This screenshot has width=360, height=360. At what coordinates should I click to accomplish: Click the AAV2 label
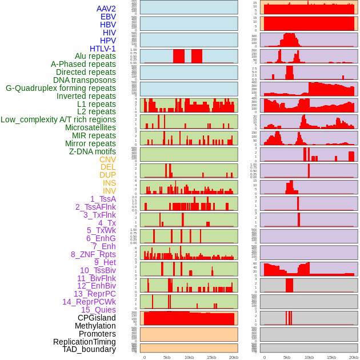point(106,9)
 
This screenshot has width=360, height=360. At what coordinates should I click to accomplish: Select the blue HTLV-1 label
point(103,49)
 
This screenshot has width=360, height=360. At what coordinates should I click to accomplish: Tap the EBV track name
point(108,17)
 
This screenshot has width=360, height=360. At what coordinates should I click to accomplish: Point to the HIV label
point(109,33)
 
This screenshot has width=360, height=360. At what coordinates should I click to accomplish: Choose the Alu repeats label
point(95,56)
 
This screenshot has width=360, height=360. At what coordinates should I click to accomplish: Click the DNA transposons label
point(85,80)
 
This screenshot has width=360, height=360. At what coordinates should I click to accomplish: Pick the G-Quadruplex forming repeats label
point(61,88)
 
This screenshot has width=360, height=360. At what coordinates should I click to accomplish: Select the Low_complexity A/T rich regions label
point(58,119)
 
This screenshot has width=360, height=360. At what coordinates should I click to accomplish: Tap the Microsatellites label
point(90,127)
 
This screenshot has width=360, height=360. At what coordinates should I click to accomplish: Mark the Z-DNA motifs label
point(93,151)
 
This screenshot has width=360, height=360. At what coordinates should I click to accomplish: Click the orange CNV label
point(107,159)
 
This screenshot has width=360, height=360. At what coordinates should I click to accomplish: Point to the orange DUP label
point(107,175)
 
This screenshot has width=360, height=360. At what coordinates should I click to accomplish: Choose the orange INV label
point(109,191)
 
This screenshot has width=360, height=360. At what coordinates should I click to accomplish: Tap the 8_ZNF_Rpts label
point(93,254)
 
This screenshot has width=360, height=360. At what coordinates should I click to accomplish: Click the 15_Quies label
point(98,310)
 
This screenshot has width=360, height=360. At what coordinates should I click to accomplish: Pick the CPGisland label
point(97,318)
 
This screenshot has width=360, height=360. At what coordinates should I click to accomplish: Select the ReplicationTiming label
point(85,342)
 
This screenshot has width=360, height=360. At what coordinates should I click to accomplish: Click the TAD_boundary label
point(89,349)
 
